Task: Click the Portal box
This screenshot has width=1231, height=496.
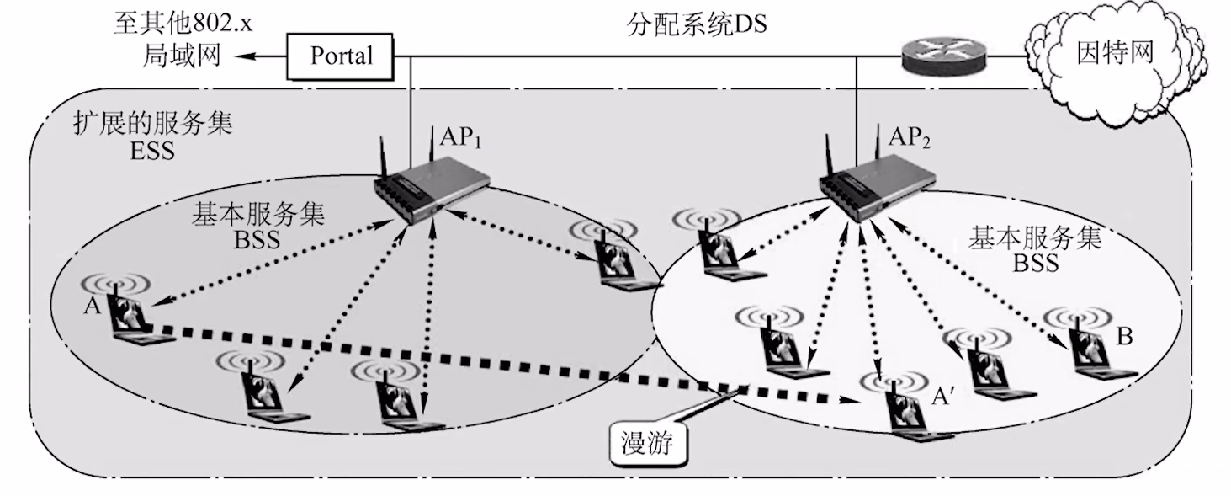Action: click(x=341, y=56)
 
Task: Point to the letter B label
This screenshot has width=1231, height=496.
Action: click(x=1125, y=336)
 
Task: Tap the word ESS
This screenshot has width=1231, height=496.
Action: click(x=151, y=152)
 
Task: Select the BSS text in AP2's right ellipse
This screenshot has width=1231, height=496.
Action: click(x=1035, y=263)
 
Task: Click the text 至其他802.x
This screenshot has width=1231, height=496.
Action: click(x=183, y=23)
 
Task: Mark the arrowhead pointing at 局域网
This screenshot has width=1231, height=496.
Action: click(x=241, y=56)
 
